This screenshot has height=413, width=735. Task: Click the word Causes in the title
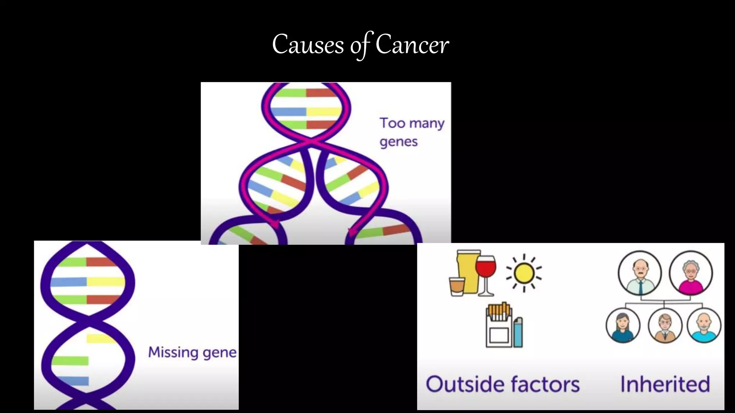308,45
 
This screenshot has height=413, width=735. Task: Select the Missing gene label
192,352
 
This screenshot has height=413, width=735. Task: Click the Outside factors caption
502,384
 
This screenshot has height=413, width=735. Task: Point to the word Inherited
665,384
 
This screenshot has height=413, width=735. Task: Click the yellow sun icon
524,274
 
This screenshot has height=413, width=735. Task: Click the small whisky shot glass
457,286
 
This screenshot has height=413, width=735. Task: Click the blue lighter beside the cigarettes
518,332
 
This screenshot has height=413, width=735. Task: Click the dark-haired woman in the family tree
623,326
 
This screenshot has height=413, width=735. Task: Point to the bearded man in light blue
704,326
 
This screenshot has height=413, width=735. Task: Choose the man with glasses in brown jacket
665,326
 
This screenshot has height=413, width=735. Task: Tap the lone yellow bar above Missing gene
100,338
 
